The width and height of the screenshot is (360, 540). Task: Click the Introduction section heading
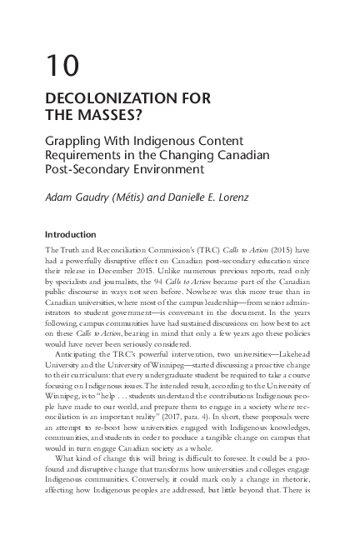point(71,234)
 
